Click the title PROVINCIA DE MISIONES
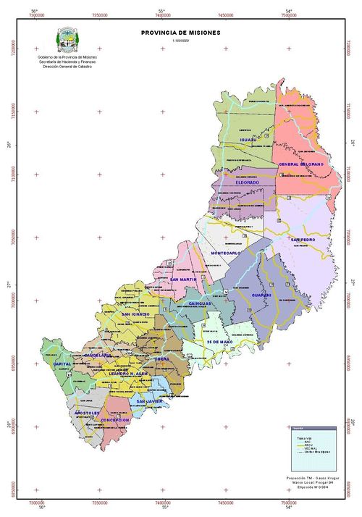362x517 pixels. click(181, 33)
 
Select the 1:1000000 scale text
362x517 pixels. click(180, 41)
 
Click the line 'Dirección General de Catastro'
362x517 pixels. click(72, 66)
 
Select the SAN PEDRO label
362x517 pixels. click(303, 239)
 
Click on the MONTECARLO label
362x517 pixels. click(225, 253)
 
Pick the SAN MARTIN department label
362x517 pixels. click(184, 279)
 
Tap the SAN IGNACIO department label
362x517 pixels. click(135, 314)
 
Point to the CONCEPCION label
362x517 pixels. click(116, 419)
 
